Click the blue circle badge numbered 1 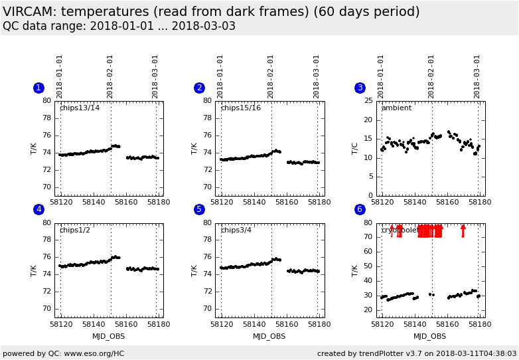(38, 88)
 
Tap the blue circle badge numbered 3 (360, 88)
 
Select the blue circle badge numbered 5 (199, 209)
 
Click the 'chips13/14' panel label (80, 108)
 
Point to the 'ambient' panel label (396, 108)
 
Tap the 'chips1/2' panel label (75, 230)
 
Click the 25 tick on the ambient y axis (368, 102)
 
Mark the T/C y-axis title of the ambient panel (355, 148)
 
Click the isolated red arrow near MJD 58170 (463, 230)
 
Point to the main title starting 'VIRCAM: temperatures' (211, 12)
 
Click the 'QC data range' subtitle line (119, 26)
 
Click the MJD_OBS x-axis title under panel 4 (108, 336)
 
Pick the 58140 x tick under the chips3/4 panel (254, 325)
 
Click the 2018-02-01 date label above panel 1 (110, 76)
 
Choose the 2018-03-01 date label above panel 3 (477, 76)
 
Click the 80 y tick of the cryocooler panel (368, 224)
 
